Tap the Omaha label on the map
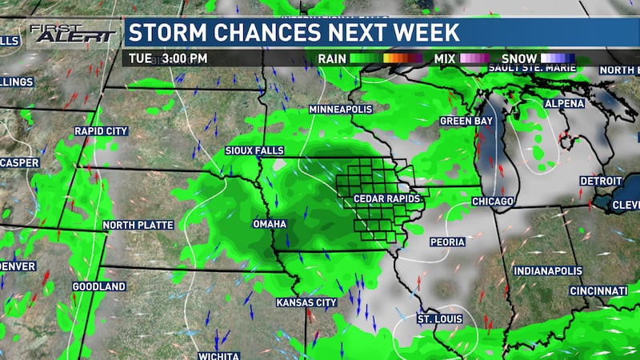pos(270,224)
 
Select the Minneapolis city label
pos(340,109)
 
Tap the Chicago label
pos(492,202)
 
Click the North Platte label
pos(138,226)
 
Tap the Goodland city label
pos(99,286)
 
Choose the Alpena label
pos(565,104)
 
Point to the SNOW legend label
pos(518,58)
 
